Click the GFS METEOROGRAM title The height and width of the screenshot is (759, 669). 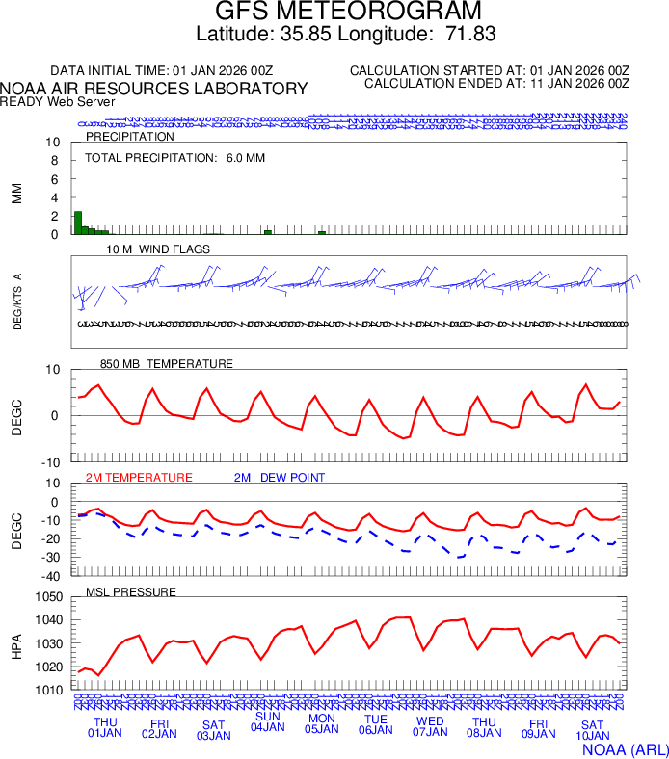click(347, 12)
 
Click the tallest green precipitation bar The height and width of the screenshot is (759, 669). click(78, 222)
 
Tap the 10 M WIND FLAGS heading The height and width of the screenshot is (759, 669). click(159, 249)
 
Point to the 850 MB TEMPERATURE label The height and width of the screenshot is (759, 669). click(166, 363)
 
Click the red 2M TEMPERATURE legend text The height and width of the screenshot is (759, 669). click(139, 477)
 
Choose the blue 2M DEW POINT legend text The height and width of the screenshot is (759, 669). click(280, 477)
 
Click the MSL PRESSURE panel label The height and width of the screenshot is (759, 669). click(131, 591)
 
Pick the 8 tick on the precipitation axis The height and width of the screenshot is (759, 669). click(55, 161)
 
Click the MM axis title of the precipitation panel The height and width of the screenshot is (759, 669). click(16, 193)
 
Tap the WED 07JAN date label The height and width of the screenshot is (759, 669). click(430, 727)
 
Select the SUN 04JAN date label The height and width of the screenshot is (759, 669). click(268, 721)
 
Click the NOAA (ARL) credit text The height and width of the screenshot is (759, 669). click(624, 747)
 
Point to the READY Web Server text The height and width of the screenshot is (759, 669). click(58, 101)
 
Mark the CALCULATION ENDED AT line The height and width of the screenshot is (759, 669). click(496, 83)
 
